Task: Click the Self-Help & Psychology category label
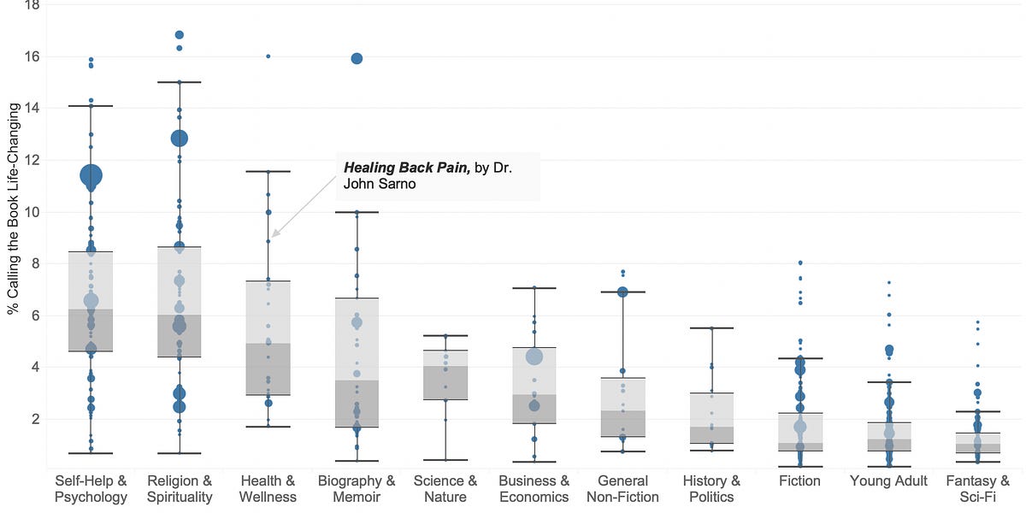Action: (91, 488)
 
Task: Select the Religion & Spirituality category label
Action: (180, 488)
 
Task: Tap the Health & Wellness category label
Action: (268, 488)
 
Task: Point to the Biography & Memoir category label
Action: (357, 488)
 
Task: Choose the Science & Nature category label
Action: (445, 488)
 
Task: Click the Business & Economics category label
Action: (534, 488)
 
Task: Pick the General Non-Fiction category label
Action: (622, 488)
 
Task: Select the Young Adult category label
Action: (889, 481)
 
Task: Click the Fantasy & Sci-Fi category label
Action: (978, 488)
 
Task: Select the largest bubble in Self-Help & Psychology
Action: (91, 175)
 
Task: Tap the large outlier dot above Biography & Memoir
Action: (357, 58)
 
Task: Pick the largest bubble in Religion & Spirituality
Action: (180, 138)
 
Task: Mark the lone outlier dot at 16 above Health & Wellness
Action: (268, 56)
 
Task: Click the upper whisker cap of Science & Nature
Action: (445, 335)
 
